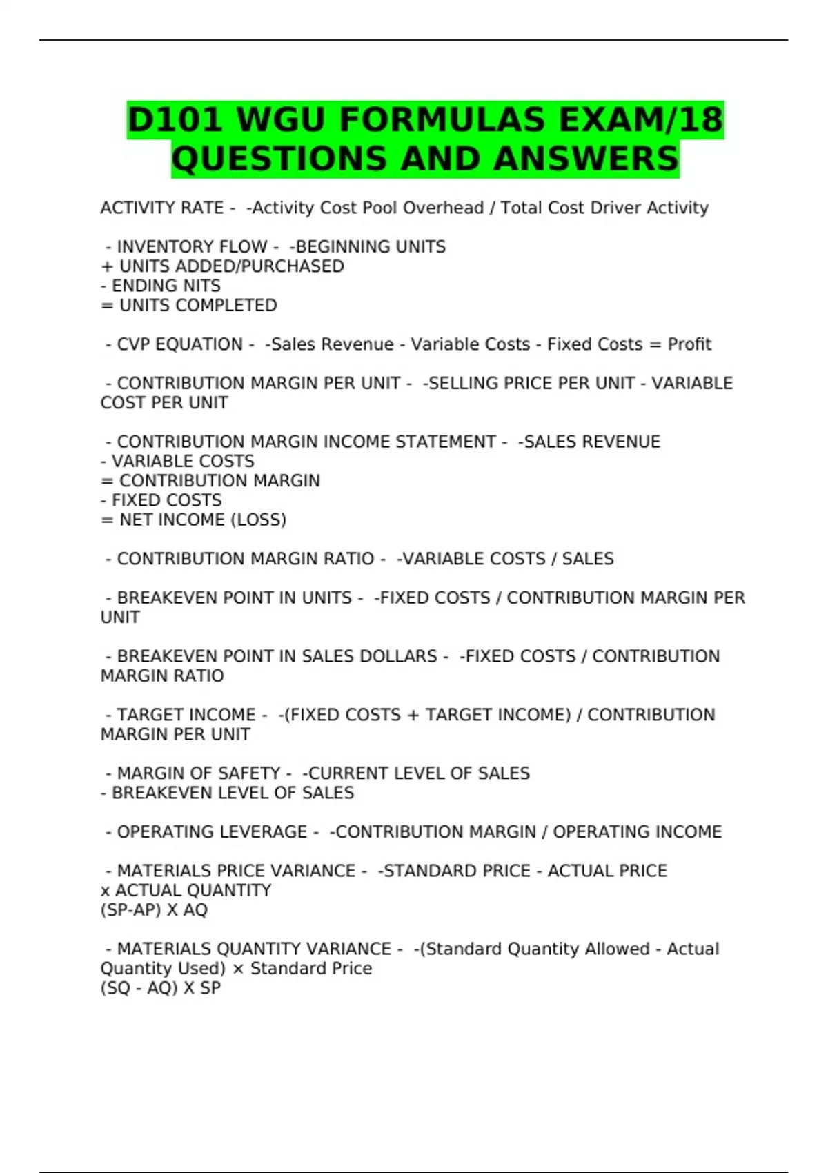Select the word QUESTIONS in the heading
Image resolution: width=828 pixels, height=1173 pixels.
(x=279, y=159)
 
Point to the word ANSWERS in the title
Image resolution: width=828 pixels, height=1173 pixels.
(x=586, y=159)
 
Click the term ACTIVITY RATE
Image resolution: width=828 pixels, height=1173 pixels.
(x=162, y=208)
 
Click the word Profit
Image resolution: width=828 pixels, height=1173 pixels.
(x=689, y=344)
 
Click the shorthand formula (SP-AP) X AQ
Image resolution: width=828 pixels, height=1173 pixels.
(x=154, y=910)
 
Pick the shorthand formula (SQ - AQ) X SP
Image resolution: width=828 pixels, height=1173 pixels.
(x=161, y=988)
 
